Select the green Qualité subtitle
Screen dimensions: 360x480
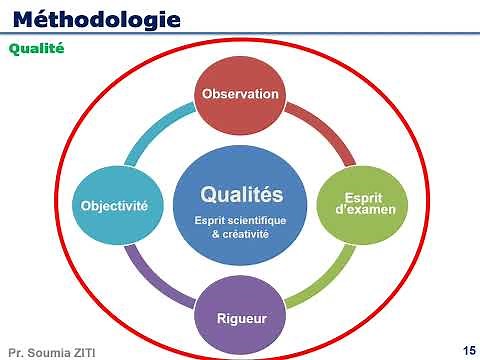[36, 47]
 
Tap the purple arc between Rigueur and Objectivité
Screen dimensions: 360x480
[158, 280]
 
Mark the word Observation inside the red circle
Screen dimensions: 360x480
[240, 95]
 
